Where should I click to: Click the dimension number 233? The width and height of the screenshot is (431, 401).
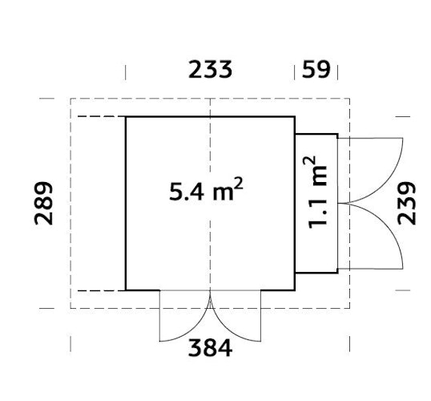210,70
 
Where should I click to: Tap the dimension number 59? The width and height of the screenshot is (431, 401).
316,70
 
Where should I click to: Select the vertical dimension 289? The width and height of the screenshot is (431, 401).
45,203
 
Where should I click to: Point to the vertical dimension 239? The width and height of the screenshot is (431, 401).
407,203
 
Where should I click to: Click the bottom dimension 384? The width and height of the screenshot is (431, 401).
210,349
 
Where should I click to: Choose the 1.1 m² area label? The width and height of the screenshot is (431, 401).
319,191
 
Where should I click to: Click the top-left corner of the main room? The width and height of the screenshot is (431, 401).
126,117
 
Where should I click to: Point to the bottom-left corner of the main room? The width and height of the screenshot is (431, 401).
126,290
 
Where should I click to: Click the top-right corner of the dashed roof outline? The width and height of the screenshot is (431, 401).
349,99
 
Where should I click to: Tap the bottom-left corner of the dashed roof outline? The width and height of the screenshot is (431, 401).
70,307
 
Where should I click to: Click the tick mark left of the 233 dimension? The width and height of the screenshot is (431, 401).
126,71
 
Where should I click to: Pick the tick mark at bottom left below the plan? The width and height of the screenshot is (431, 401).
70,344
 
